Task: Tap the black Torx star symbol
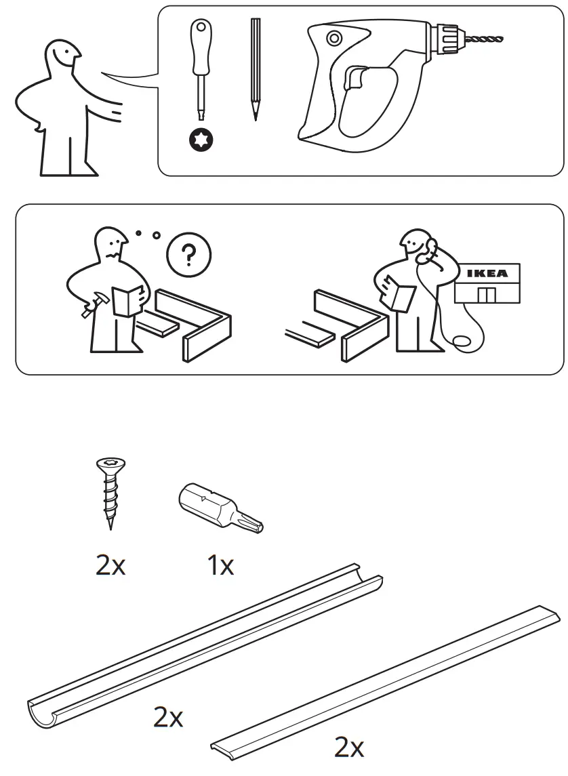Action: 201,141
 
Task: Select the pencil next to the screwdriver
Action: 255,68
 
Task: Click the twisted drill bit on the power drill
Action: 484,41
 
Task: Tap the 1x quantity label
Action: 220,565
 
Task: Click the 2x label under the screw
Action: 110,565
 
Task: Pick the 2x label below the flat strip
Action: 349,748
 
